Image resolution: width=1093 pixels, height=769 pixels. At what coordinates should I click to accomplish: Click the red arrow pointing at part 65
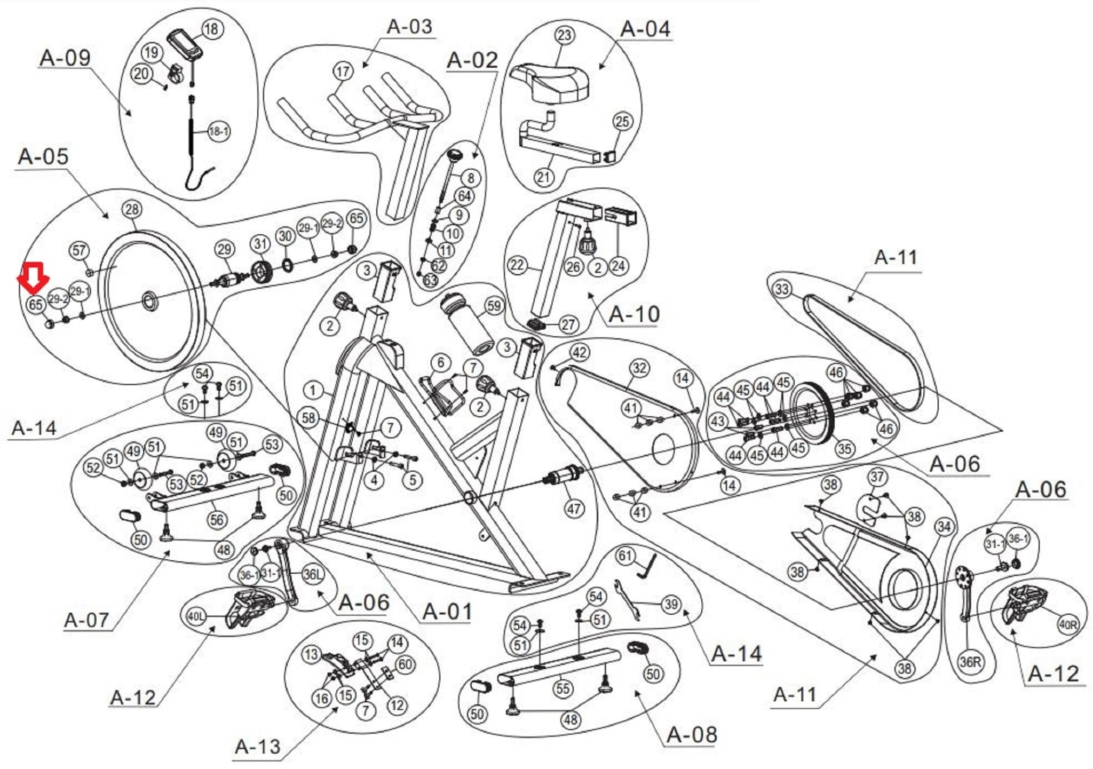tap(33, 278)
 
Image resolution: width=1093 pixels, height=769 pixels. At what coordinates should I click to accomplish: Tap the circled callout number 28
tap(132, 209)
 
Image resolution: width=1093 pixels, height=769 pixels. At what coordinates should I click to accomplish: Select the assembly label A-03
tap(409, 26)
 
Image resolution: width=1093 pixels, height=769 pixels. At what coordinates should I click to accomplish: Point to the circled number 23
tap(565, 35)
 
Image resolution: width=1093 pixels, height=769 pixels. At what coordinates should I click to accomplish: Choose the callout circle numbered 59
tap(494, 306)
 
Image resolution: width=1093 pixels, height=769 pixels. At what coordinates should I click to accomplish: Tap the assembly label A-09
tap(65, 58)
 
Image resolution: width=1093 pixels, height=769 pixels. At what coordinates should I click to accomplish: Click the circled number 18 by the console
tap(212, 28)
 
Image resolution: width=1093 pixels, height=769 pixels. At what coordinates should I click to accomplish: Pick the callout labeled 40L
tap(195, 616)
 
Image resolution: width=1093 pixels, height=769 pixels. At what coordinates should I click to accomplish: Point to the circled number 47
tap(574, 509)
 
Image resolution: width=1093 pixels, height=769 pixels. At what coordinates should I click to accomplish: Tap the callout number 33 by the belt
tap(782, 289)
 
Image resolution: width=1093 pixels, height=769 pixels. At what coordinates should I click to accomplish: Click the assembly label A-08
tap(692, 735)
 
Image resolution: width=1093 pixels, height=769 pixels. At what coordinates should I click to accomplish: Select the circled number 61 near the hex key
tap(625, 556)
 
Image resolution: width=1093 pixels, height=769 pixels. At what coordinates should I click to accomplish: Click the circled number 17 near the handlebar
tap(343, 71)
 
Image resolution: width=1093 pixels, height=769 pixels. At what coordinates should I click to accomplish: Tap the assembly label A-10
tap(635, 314)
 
